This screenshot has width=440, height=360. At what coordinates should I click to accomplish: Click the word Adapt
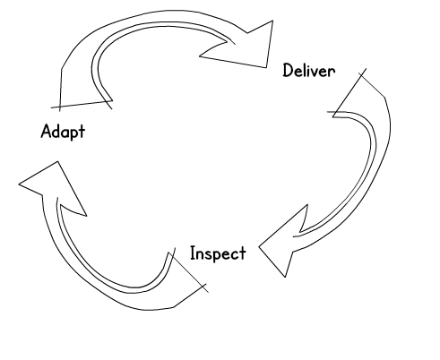(x=63, y=132)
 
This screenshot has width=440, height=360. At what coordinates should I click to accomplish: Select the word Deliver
(x=309, y=71)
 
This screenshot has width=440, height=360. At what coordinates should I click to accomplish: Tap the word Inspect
(x=218, y=253)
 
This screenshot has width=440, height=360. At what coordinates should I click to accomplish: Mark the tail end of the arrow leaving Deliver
(x=349, y=92)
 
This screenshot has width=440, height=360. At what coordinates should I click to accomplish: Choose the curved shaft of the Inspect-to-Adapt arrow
(x=90, y=278)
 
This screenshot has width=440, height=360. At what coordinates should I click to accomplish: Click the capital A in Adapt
(x=46, y=131)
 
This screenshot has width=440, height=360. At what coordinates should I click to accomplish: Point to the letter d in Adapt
(x=56, y=131)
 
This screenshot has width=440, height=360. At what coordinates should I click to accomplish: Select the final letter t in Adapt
(x=82, y=132)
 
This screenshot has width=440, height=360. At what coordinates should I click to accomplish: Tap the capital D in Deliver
(x=288, y=71)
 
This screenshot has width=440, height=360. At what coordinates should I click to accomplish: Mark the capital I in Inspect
(x=193, y=253)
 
